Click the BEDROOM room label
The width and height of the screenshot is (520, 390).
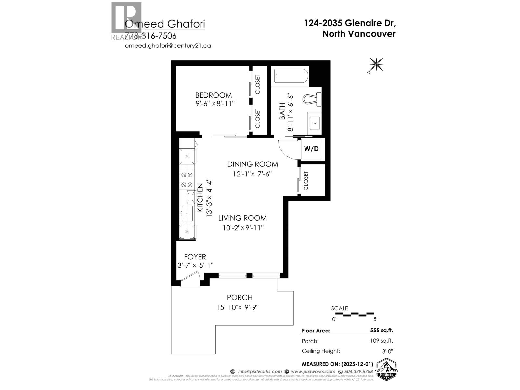tap(214, 95)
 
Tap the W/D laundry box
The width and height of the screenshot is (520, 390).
tap(311, 149)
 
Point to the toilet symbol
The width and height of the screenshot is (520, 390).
tap(312, 98)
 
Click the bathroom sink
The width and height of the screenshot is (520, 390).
tap(315, 123)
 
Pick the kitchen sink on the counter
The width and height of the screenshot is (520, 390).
tap(187, 214)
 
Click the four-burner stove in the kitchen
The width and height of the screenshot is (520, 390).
tap(187, 180)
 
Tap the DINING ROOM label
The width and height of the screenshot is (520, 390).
tap(253, 164)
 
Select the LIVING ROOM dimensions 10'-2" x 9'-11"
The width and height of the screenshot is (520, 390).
tap(243, 228)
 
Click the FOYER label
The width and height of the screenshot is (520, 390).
tap(195, 257)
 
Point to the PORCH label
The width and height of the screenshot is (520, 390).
tap(240, 297)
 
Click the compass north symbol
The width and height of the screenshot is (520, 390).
tap(376, 64)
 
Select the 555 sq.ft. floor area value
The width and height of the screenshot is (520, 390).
tap(382, 330)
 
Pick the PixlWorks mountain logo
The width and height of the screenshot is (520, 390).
tap(387, 369)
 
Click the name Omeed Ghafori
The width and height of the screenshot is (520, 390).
tap(165, 24)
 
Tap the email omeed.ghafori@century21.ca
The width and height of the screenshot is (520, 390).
tap(168, 45)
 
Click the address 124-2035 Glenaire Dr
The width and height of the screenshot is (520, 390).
tap(350, 23)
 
